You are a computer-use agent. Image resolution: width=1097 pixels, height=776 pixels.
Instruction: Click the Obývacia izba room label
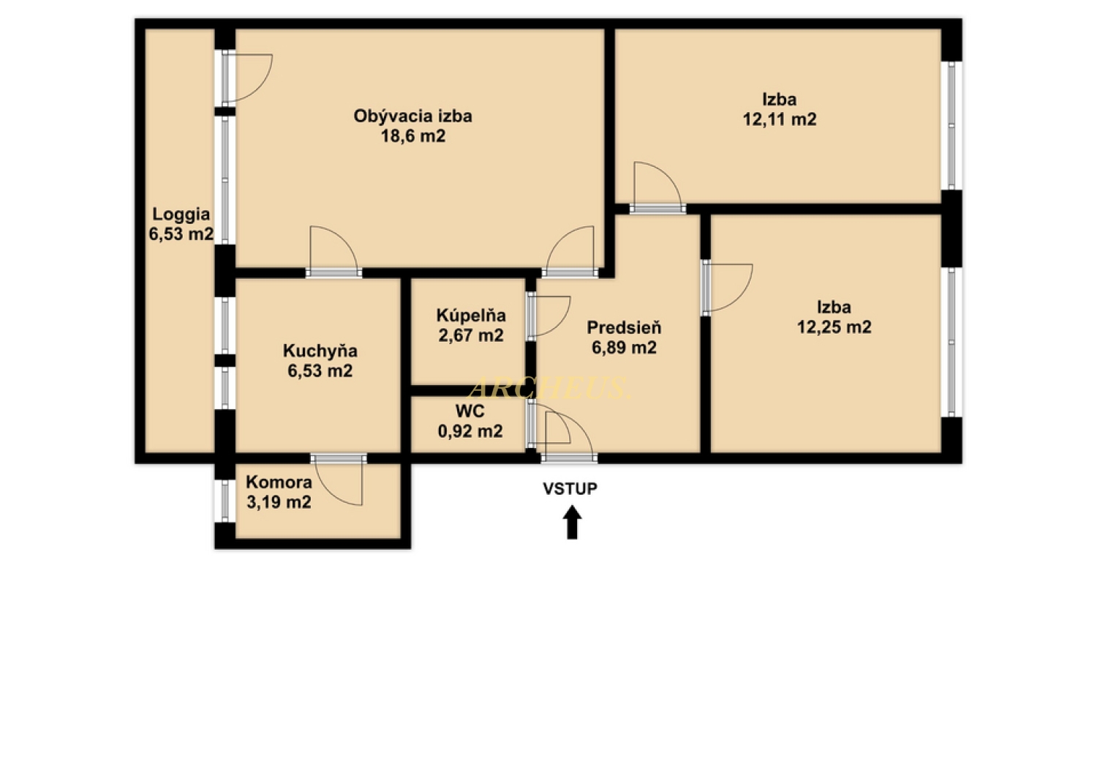coord(413,116)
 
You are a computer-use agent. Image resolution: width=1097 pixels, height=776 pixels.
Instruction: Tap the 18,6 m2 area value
coord(413,136)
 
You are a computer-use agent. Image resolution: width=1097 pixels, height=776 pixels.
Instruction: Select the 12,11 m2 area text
coord(780,119)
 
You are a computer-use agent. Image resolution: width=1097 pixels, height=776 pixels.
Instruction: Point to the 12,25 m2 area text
coord(834,327)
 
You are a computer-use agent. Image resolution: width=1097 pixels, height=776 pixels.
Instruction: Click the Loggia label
coord(181,214)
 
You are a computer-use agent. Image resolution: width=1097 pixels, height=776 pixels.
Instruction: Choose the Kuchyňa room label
coord(320,351)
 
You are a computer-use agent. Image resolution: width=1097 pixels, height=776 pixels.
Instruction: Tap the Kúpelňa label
coord(471,316)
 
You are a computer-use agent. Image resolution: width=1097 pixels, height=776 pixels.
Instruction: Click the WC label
coord(470,411)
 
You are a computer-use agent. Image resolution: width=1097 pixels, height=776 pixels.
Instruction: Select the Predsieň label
coord(625,327)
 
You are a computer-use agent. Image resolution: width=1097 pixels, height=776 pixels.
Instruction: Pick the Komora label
coord(279,482)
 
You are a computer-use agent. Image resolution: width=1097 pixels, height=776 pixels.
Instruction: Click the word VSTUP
coord(570,489)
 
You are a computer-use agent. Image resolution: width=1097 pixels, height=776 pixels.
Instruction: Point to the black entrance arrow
coord(572,523)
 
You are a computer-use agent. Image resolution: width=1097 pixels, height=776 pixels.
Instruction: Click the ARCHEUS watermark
coord(549,388)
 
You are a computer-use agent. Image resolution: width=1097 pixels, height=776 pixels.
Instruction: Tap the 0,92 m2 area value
coord(470,431)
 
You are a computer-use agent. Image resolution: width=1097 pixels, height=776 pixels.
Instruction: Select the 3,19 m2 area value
coord(279,502)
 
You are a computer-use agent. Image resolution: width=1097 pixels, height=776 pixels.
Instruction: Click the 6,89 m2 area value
coord(625,348)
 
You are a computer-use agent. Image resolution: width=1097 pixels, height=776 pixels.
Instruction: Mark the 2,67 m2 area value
coord(471,336)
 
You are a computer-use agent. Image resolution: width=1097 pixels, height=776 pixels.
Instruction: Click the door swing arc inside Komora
coord(333,493)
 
